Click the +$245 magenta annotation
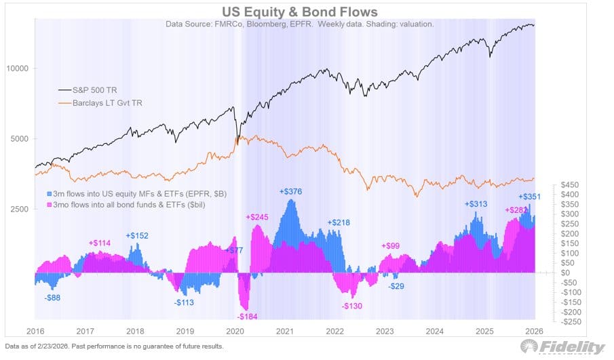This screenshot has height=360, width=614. tap(258, 217)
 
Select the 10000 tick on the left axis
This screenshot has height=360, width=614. tap(18, 68)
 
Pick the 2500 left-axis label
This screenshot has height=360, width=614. tap(20, 209)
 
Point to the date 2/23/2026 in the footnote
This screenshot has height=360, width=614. tap(47, 346)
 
